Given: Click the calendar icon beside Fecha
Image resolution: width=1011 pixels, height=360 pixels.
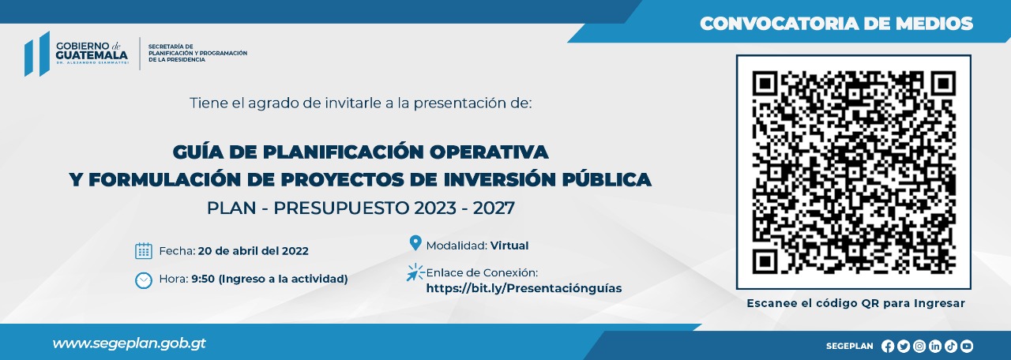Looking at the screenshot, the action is click(x=144, y=251).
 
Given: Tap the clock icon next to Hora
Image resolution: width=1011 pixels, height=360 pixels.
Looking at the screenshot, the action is click(x=144, y=280).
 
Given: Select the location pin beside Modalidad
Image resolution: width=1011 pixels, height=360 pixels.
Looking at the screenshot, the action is click(x=415, y=243).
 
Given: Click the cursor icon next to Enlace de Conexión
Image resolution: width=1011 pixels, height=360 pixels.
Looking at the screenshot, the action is click(x=415, y=273).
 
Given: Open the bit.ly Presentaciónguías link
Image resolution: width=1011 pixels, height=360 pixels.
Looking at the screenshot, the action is click(x=524, y=288).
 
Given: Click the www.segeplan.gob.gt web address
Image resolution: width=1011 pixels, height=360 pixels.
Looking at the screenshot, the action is click(x=129, y=343).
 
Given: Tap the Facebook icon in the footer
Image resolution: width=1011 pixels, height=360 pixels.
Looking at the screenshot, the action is click(x=887, y=346).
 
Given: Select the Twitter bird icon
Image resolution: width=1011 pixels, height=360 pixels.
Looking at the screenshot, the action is click(x=903, y=346).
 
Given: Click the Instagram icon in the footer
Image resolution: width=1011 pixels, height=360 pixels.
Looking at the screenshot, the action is click(x=919, y=346).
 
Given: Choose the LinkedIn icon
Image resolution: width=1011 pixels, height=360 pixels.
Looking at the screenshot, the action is click(x=934, y=346).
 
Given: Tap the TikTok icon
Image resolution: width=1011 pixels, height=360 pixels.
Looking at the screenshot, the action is click(x=950, y=346).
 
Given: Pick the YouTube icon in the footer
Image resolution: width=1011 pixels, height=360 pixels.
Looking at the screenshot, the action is click(x=966, y=346).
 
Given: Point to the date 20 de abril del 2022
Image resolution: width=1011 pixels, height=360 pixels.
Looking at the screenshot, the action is click(x=254, y=251).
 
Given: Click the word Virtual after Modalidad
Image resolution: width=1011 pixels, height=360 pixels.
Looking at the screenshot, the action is click(x=509, y=246).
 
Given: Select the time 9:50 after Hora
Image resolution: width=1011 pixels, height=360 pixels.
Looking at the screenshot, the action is click(x=203, y=279).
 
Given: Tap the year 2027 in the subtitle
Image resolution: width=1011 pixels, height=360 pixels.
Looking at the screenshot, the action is click(x=494, y=208).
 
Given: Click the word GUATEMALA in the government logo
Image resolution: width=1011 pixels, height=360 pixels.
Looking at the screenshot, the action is click(x=92, y=55).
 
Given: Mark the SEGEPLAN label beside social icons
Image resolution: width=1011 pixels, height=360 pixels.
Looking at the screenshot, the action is click(x=849, y=346).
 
